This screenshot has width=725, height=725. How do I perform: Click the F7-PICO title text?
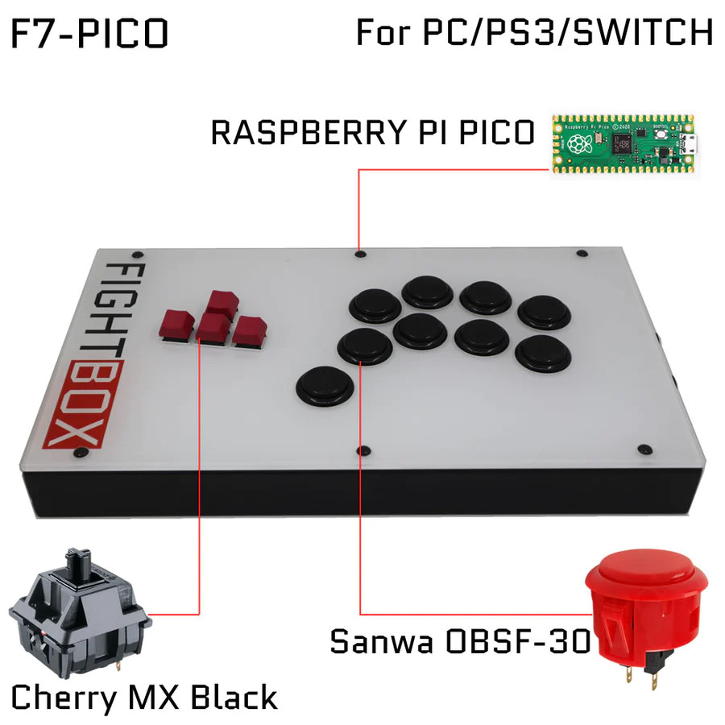(x=89, y=34)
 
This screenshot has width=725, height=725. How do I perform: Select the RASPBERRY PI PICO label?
(x=372, y=132)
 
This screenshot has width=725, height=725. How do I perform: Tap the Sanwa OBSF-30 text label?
(x=460, y=642)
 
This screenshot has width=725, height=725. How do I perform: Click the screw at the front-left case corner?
(x=78, y=454)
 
